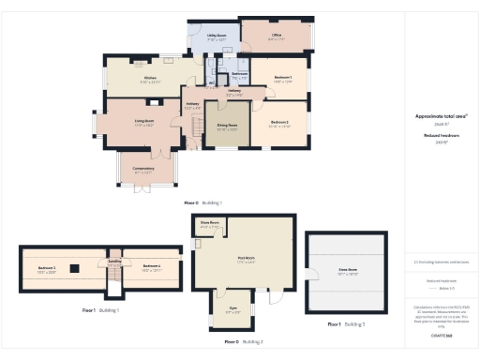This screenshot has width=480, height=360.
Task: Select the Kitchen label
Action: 148,79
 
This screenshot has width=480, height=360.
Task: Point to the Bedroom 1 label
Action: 282,77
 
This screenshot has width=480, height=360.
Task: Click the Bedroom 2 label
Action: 279,122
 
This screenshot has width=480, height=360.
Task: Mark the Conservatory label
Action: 143,169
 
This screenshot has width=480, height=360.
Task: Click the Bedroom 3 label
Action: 48,267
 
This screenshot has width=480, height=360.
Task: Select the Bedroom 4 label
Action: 151,267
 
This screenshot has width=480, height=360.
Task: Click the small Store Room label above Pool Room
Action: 211,224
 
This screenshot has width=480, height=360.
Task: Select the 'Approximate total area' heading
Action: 441,116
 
